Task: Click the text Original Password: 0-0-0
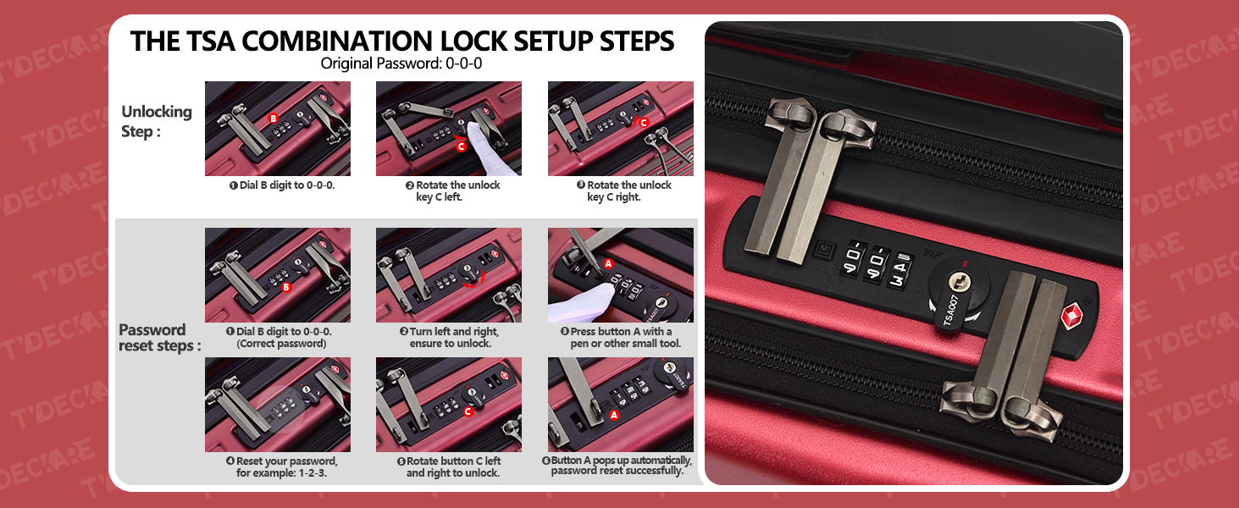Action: click(x=401, y=63)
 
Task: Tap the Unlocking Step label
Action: click(x=157, y=121)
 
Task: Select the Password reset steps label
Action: click(x=159, y=338)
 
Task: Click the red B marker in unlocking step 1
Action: click(x=273, y=119)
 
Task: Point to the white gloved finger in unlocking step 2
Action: click(x=487, y=148)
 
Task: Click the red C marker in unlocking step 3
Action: click(x=644, y=122)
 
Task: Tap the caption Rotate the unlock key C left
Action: click(x=453, y=190)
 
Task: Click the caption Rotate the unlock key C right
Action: click(x=624, y=190)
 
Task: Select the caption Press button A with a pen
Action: click(x=621, y=337)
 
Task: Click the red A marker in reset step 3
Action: click(x=608, y=263)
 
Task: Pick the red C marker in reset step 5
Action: click(x=468, y=411)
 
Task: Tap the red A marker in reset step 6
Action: click(x=613, y=415)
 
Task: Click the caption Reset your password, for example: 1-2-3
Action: click(x=281, y=467)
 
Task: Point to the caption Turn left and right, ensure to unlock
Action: click(x=450, y=337)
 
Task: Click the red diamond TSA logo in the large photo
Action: click(x=1072, y=316)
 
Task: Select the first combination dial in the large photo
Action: click(x=852, y=258)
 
